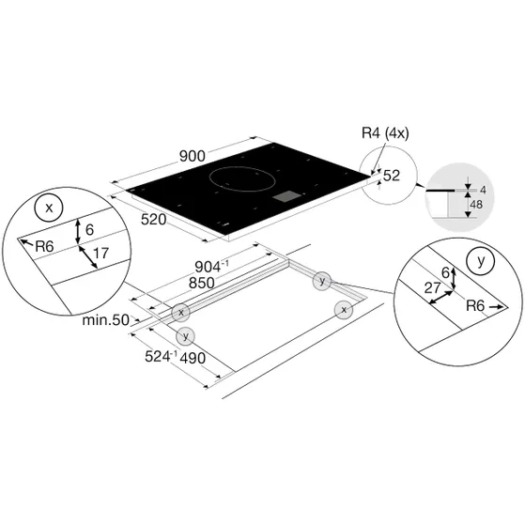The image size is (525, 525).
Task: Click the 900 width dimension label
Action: (x=193, y=156)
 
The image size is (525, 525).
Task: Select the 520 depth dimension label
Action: (x=154, y=220)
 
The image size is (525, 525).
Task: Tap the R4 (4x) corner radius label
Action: (x=385, y=133)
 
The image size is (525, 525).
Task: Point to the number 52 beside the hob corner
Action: (x=392, y=176)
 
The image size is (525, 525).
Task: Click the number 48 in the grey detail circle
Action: (x=476, y=204)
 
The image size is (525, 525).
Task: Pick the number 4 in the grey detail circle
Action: (x=483, y=190)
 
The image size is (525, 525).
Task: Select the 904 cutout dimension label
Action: (x=212, y=267)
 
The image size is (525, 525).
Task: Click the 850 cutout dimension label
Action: (x=202, y=284)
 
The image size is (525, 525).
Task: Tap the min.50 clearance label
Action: (x=106, y=320)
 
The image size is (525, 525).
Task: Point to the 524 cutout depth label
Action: (x=161, y=356)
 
